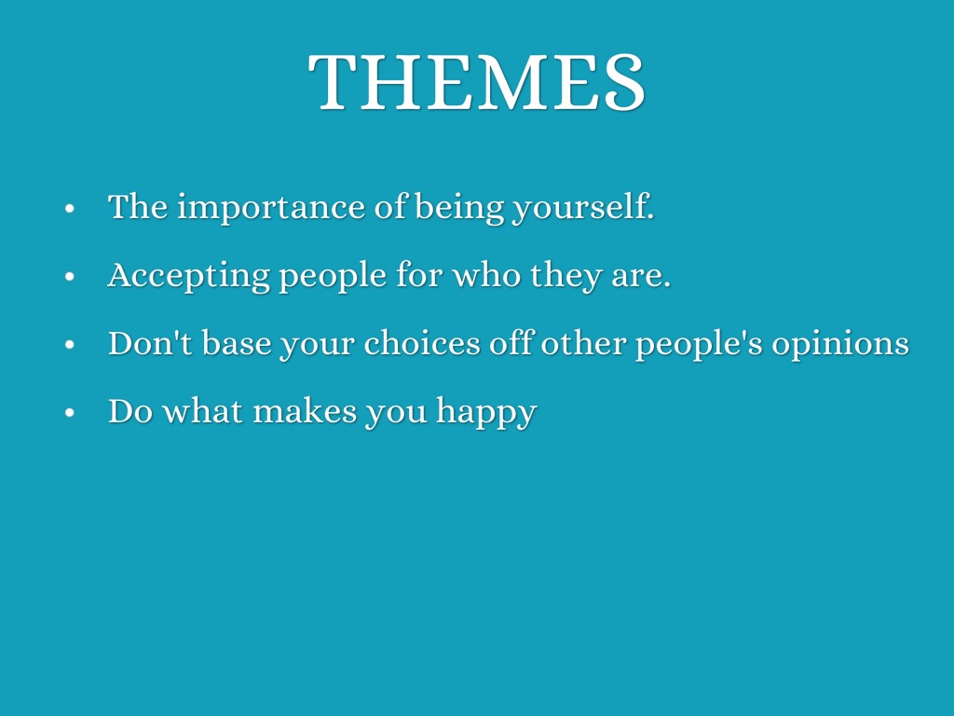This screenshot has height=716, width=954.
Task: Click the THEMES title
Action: (x=476, y=82)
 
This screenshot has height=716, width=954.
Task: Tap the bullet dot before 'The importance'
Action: (x=69, y=208)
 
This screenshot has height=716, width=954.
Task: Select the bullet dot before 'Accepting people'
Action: (x=69, y=276)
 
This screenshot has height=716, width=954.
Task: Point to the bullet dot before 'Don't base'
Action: (x=69, y=345)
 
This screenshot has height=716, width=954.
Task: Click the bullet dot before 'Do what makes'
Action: (x=69, y=413)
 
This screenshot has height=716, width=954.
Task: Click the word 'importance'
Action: (x=271, y=208)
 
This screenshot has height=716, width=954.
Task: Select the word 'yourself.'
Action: (x=583, y=207)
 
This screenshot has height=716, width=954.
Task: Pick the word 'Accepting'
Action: (x=188, y=276)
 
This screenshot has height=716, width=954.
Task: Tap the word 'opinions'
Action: (x=840, y=344)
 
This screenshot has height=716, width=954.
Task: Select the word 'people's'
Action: (x=699, y=344)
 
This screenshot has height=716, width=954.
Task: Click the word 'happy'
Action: (x=486, y=412)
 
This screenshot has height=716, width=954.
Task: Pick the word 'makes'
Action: (x=305, y=410)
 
